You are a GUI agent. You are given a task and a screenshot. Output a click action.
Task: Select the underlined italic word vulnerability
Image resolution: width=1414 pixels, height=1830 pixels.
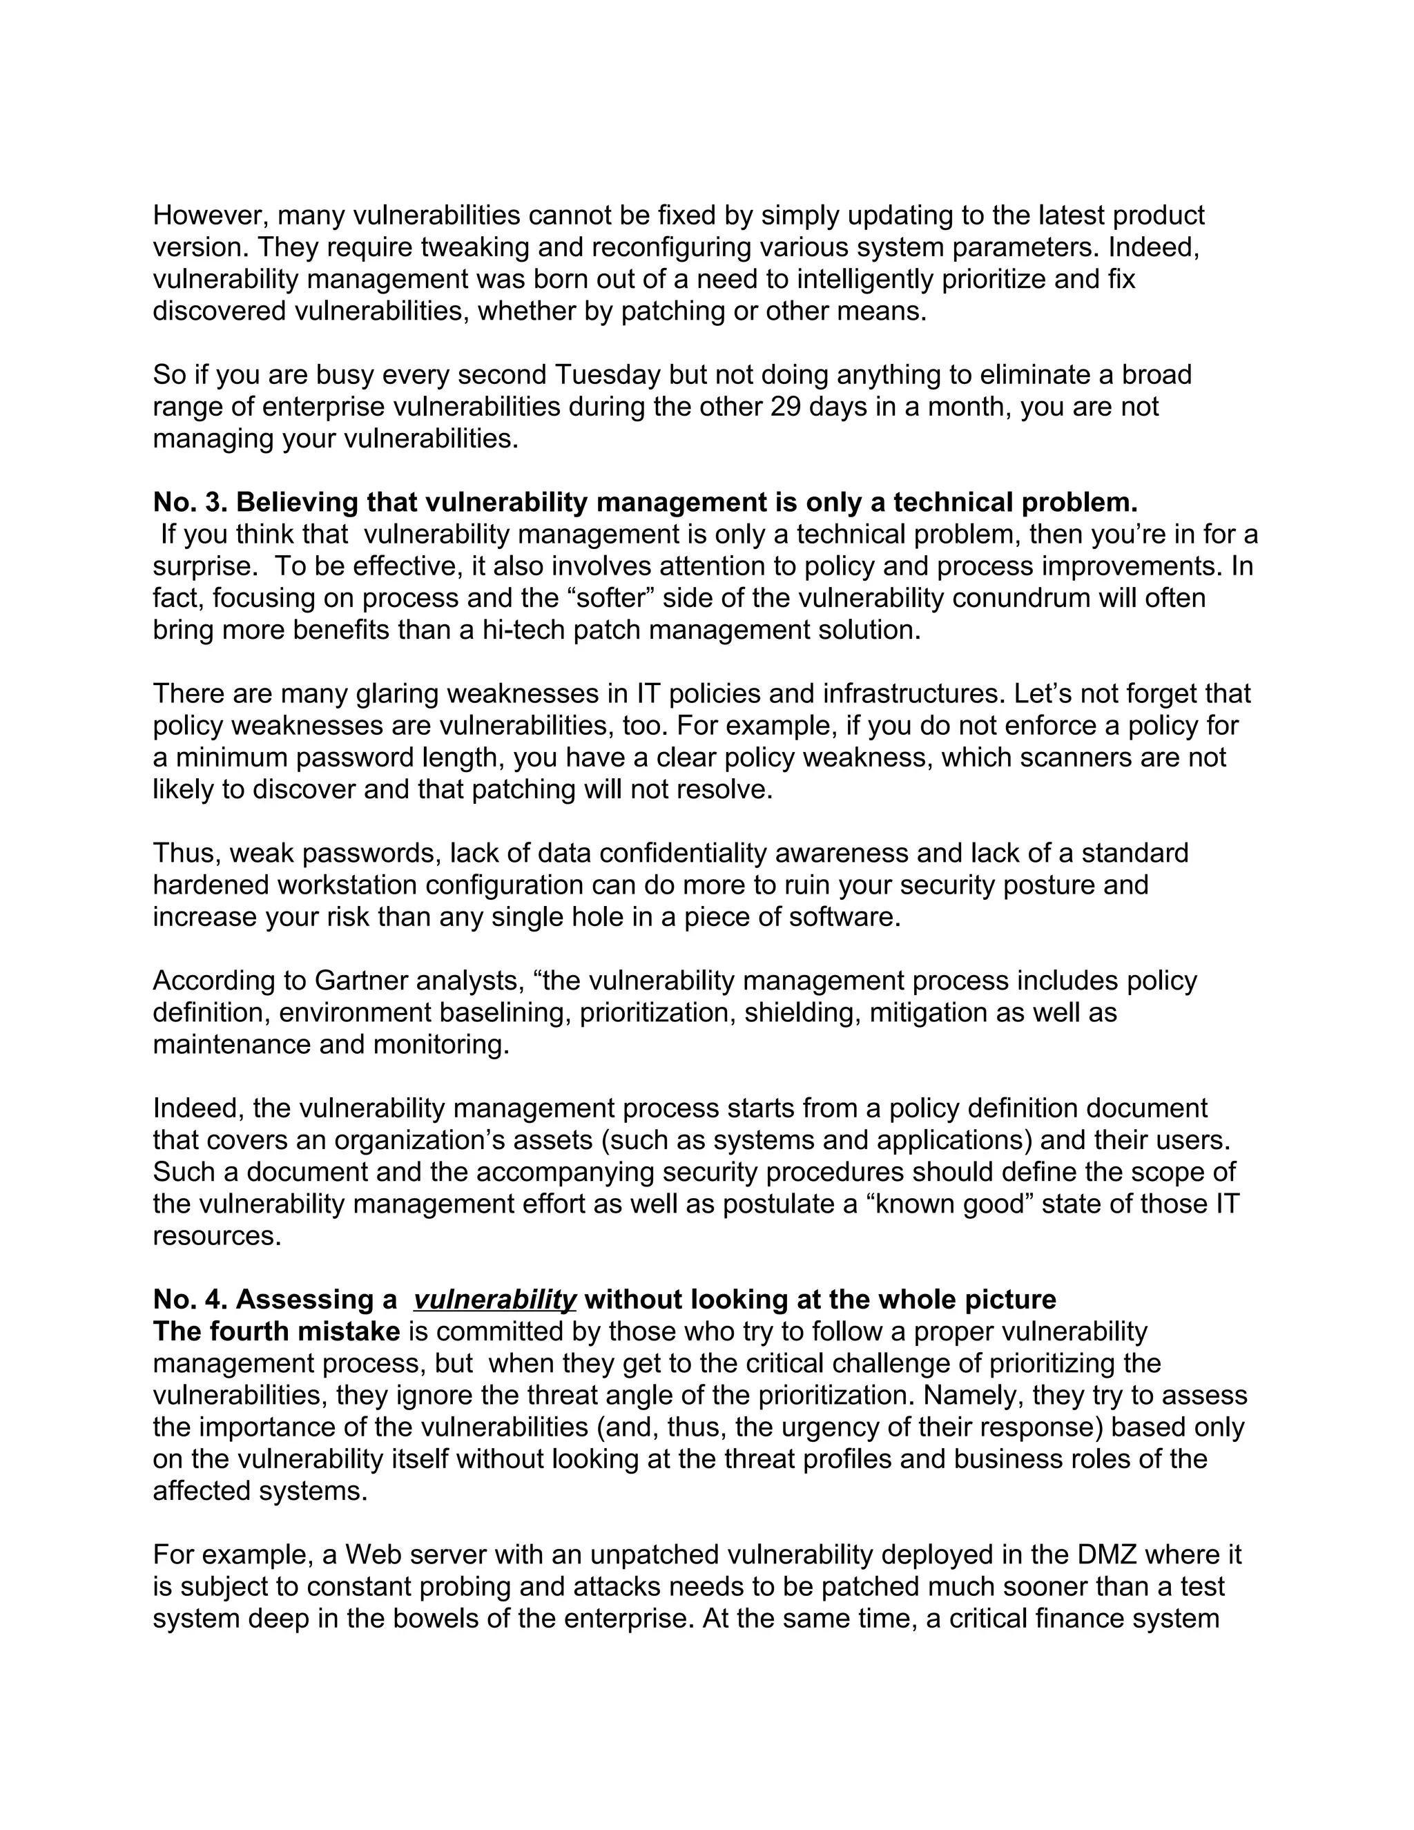494,1300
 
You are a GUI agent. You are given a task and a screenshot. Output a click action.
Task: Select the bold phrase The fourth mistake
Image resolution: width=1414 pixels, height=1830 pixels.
276,1331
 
